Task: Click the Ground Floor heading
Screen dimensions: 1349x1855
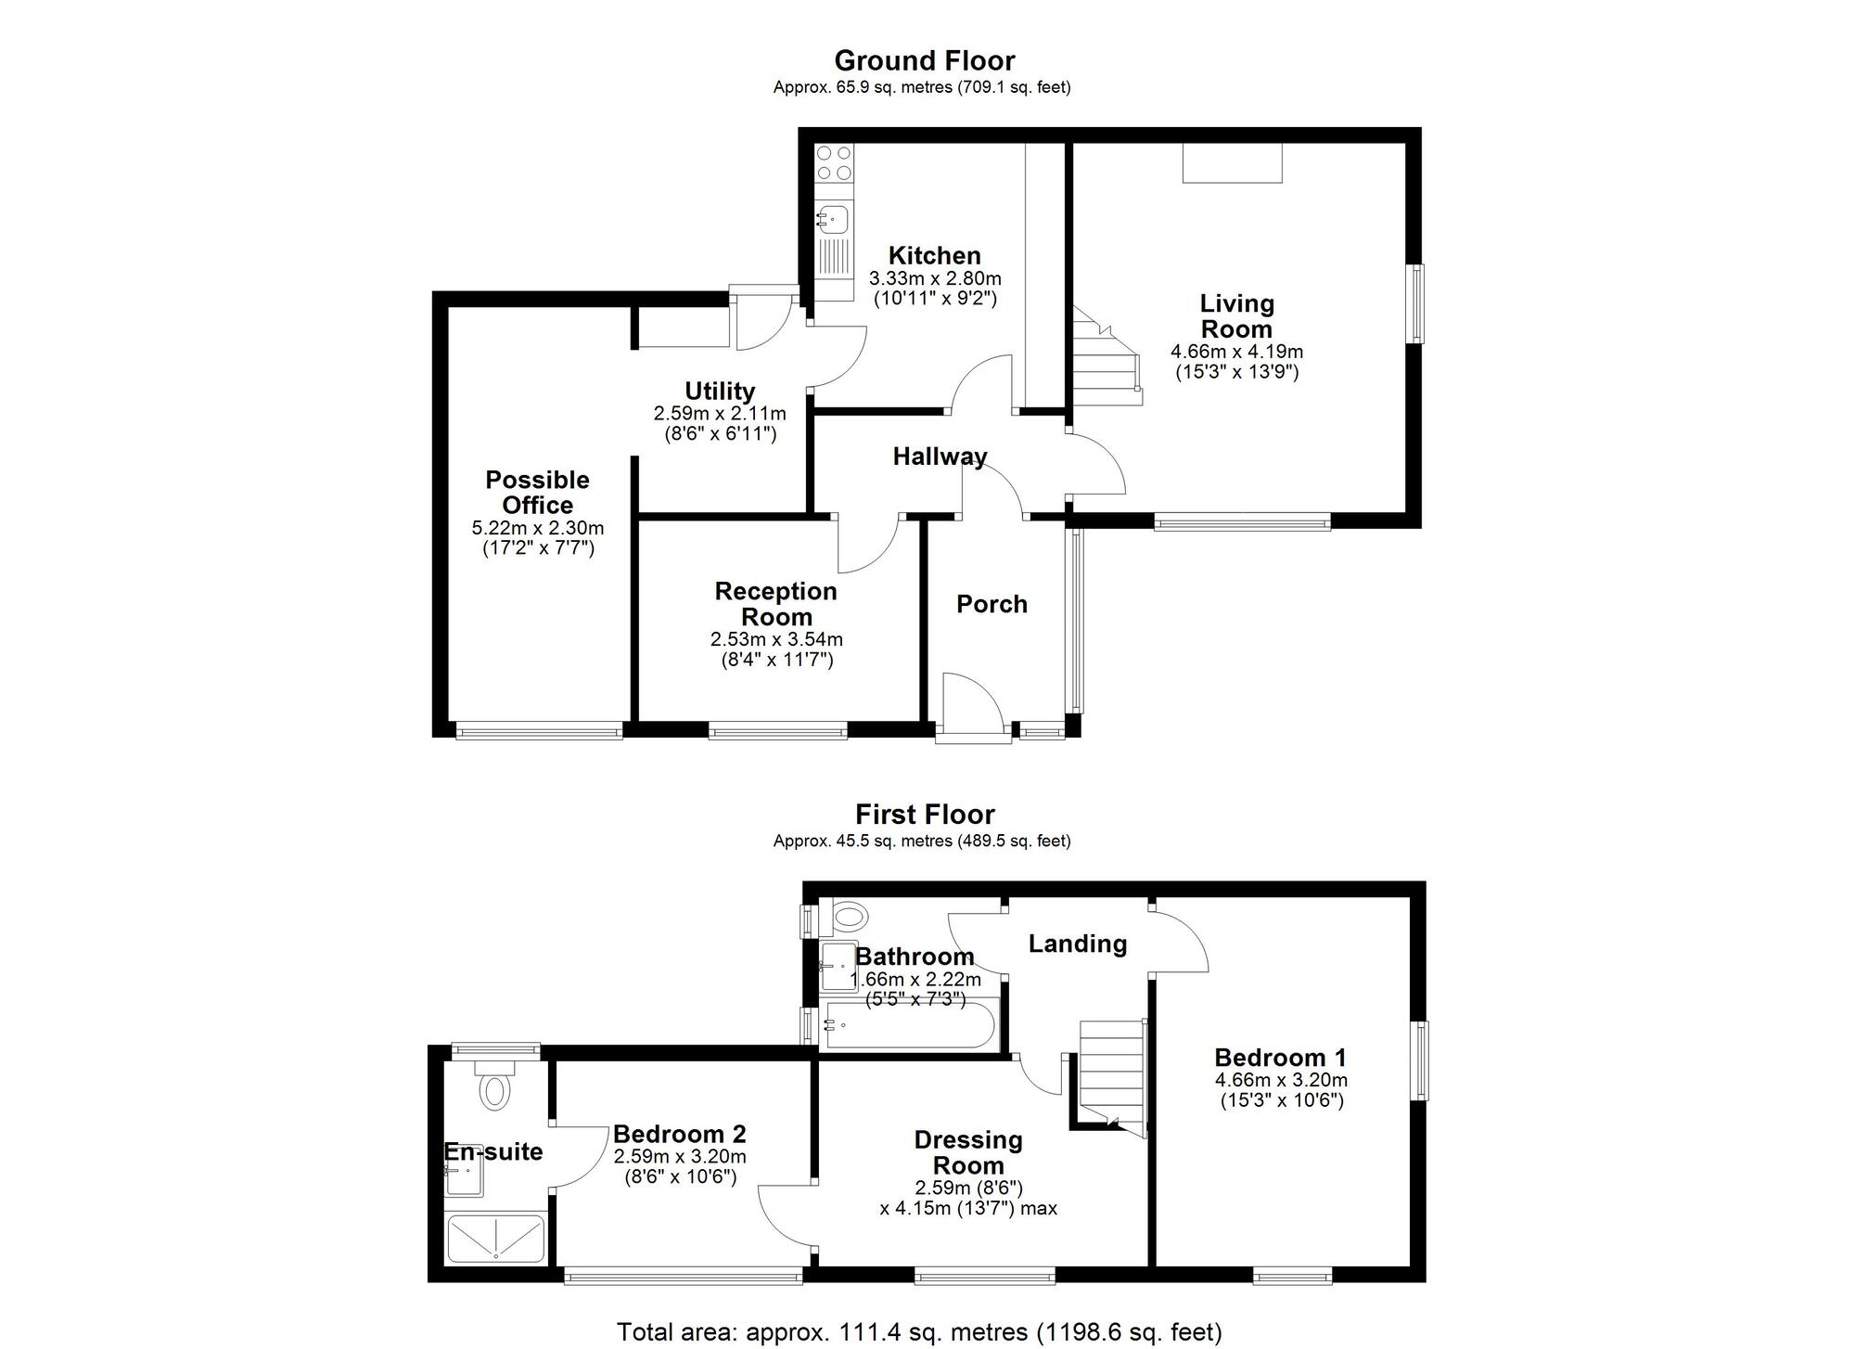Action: [924, 60]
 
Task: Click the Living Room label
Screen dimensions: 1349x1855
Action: [1236, 316]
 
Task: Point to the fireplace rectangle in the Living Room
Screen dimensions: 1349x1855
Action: [1232, 163]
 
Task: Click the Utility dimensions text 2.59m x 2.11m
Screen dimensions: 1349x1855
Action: [719, 414]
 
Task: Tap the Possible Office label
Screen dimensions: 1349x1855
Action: [537, 493]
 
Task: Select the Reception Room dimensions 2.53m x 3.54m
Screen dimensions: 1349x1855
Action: [776, 639]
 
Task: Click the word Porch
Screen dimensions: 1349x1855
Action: [991, 605]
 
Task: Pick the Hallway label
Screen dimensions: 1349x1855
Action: [939, 456]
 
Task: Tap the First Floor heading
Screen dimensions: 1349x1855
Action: [924, 815]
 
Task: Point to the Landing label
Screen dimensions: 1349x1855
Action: [1077, 944]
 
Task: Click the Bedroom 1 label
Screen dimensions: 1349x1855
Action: [1280, 1058]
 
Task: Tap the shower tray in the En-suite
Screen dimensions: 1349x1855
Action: [495, 1239]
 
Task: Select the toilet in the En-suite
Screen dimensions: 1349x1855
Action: [494, 1088]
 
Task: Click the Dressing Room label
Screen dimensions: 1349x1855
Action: [967, 1153]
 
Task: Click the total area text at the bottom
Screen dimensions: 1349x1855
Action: [919, 1332]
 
